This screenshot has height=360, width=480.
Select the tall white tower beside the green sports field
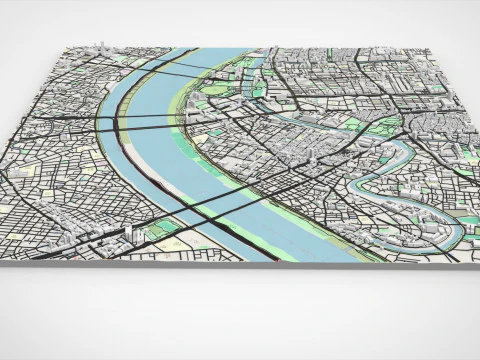pos(129,232)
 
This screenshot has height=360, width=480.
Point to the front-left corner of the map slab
pos(22,262)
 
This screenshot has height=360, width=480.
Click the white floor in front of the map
pos(240,315)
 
